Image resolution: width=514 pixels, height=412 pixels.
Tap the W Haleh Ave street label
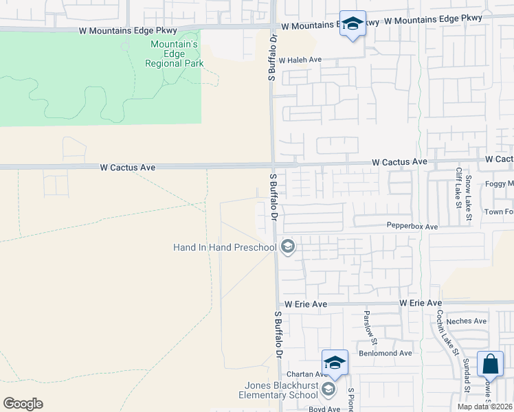coord(300,60)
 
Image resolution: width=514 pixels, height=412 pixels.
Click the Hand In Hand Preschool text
coord(224,247)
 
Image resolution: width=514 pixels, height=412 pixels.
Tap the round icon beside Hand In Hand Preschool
coord(288,247)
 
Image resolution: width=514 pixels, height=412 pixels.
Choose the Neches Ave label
coord(466,321)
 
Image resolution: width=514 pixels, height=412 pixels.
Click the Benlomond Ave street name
coord(388,353)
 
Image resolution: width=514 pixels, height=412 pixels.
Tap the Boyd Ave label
coord(324,409)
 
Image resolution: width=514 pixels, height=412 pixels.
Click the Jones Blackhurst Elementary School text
coord(277,390)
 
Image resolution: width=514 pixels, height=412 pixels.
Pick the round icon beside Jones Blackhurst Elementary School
coord(329,390)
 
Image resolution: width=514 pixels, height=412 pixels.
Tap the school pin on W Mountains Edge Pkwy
coord(353,24)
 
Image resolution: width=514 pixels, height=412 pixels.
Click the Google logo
coord(23,404)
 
